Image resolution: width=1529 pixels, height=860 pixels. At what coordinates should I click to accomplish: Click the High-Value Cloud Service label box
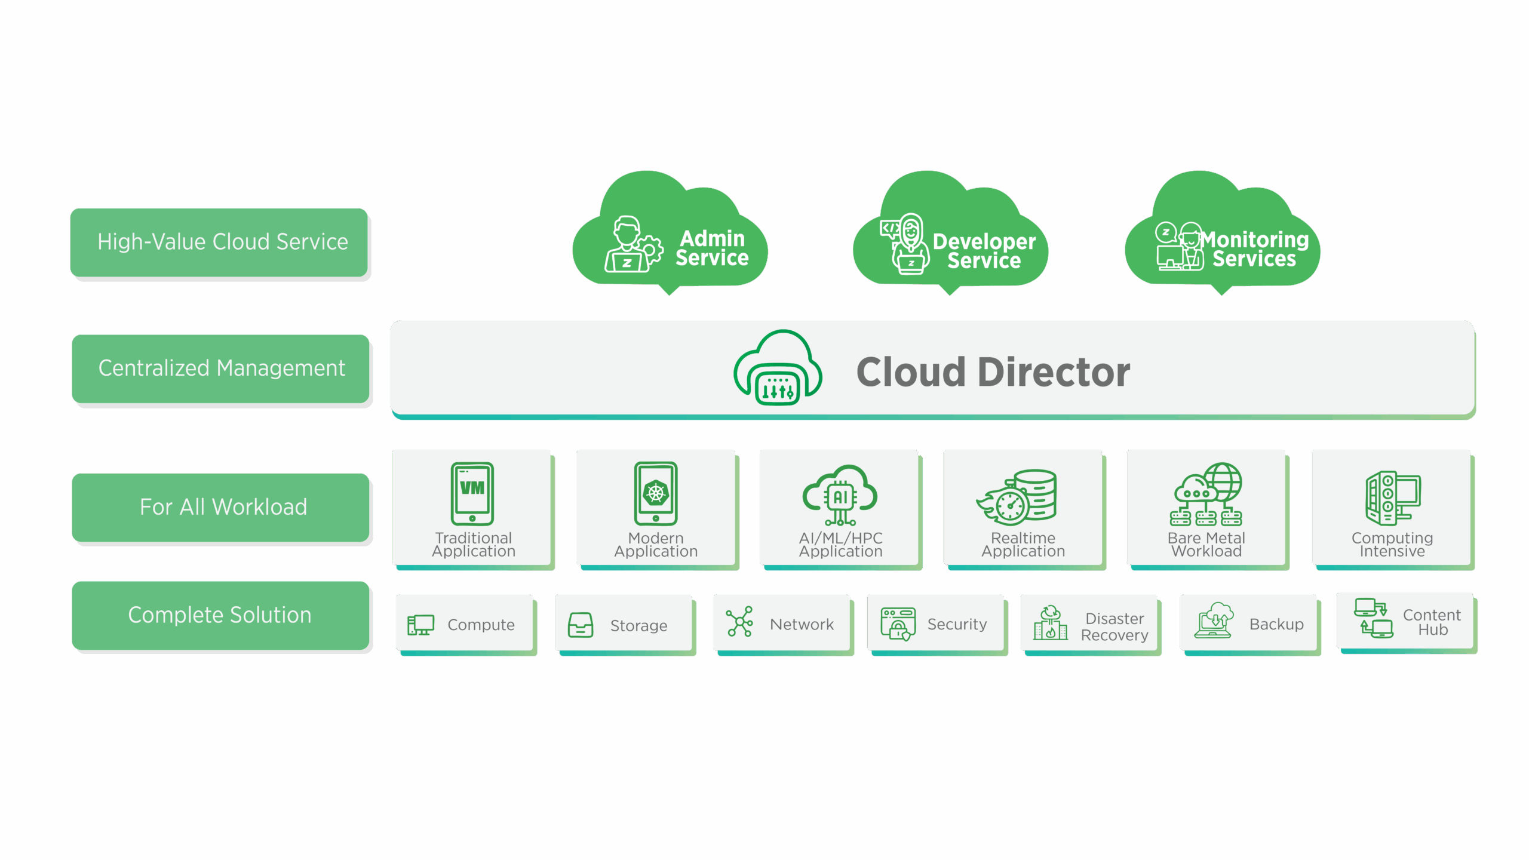pyautogui.click(x=219, y=242)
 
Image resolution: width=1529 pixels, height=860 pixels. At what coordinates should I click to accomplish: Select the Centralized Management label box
pyautogui.click(x=220, y=368)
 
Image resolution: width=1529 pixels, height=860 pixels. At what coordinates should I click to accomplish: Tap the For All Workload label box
pyautogui.click(x=220, y=507)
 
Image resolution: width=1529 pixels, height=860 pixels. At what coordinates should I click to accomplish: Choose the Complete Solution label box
pyautogui.click(x=220, y=615)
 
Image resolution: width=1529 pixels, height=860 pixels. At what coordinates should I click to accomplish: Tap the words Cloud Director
pyautogui.click(x=993, y=372)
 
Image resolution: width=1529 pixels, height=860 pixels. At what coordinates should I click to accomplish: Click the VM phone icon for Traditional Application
pyautogui.click(x=472, y=493)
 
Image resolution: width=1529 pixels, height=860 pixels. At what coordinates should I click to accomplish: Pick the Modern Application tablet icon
pyautogui.click(x=656, y=493)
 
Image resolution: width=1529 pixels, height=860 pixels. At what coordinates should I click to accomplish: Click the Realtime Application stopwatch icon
pyautogui.click(x=1011, y=505)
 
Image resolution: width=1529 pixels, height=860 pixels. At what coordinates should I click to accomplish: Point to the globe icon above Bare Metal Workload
pyautogui.click(x=1223, y=481)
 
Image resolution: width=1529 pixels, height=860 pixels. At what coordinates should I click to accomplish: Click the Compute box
pyautogui.click(x=464, y=624)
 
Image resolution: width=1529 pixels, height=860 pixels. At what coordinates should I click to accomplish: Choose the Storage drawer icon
pyautogui.click(x=581, y=625)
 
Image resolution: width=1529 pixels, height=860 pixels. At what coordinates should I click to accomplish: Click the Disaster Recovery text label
pyautogui.click(x=1114, y=626)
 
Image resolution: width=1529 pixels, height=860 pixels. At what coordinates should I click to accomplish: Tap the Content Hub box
pyautogui.click(x=1405, y=622)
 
